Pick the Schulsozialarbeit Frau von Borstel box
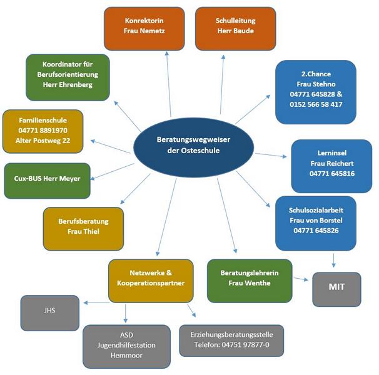(x=316, y=221)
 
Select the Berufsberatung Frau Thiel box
(x=83, y=227)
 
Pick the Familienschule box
(x=43, y=131)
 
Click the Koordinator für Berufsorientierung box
(x=68, y=74)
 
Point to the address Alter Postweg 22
(x=43, y=141)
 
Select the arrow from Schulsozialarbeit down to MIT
(x=336, y=259)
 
